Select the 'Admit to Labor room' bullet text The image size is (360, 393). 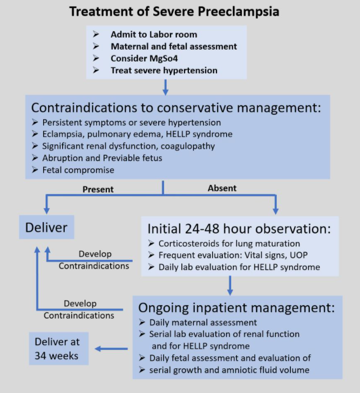(154, 35)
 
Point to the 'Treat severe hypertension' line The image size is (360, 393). (164, 71)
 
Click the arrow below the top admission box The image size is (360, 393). (165, 87)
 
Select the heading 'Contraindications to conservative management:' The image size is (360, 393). (176, 107)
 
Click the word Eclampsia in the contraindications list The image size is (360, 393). (64, 134)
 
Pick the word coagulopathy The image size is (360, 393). (188, 146)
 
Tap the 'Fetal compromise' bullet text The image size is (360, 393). (78, 170)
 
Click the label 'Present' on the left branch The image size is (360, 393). (98, 189)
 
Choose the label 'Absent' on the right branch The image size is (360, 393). (222, 188)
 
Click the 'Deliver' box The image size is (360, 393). (46, 227)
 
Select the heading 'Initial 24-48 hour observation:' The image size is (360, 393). (239, 229)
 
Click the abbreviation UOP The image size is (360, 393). (298, 255)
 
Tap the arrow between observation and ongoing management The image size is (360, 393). (230, 286)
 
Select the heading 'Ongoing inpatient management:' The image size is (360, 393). (236, 307)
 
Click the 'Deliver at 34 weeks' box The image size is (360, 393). (59, 348)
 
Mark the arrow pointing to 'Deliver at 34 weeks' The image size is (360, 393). (111, 349)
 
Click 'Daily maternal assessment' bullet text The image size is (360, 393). (203, 322)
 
